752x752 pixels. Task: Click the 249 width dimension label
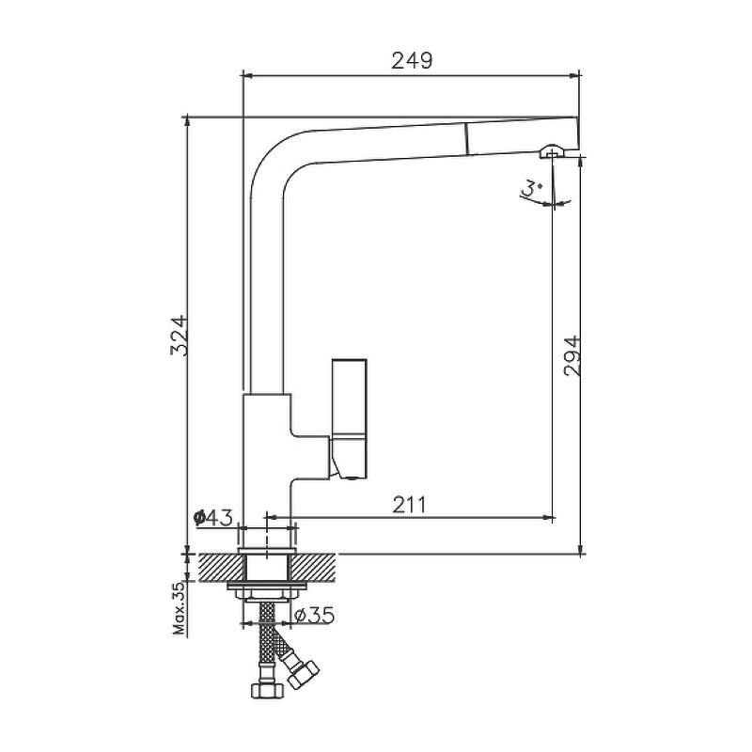(x=412, y=60)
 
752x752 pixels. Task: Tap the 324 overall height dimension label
(x=179, y=336)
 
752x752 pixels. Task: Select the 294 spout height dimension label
(x=572, y=356)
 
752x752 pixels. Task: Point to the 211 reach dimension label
(x=409, y=505)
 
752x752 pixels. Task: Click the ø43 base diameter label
(x=213, y=518)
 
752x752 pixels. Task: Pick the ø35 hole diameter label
(x=314, y=616)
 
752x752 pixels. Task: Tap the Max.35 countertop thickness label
(x=180, y=608)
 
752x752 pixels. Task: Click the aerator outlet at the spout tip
(x=552, y=151)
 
